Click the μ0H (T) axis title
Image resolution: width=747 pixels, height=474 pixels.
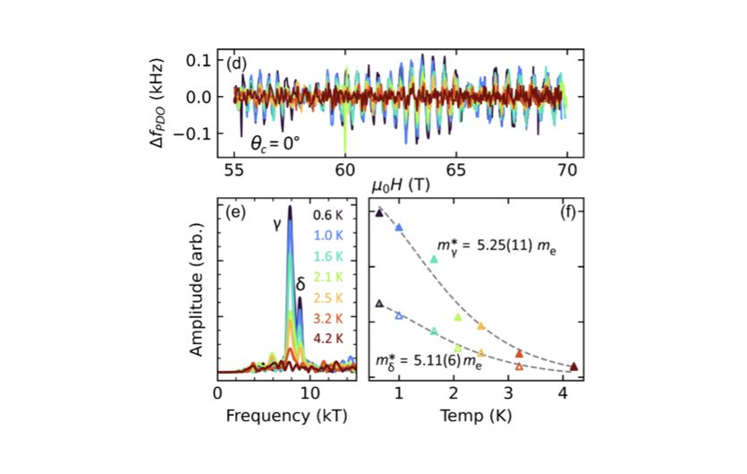pyautogui.click(x=400, y=185)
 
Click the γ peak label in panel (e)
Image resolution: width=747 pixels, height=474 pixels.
pyautogui.click(x=278, y=225)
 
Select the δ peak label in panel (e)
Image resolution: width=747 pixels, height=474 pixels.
pyautogui.click(x=301, y=284)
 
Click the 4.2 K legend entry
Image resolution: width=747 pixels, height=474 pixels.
pyautogui.click(x=328, y=338)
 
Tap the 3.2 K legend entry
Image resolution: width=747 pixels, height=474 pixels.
pyautogui.click(x=328, y=318)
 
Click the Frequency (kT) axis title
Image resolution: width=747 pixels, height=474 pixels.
pyautogui.click(x=287, y=417)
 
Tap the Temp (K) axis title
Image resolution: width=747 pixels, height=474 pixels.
pyautogui.click(x=480, y=417)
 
